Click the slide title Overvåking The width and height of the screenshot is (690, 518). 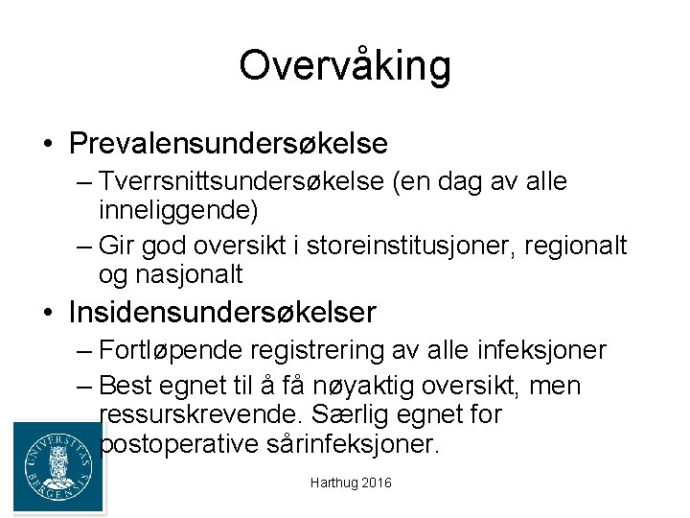345,66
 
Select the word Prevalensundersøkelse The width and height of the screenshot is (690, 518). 228,144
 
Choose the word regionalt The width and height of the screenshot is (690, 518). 576,246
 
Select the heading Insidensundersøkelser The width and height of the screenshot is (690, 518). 222,313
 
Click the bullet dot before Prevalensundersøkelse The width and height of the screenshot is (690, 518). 47,146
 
